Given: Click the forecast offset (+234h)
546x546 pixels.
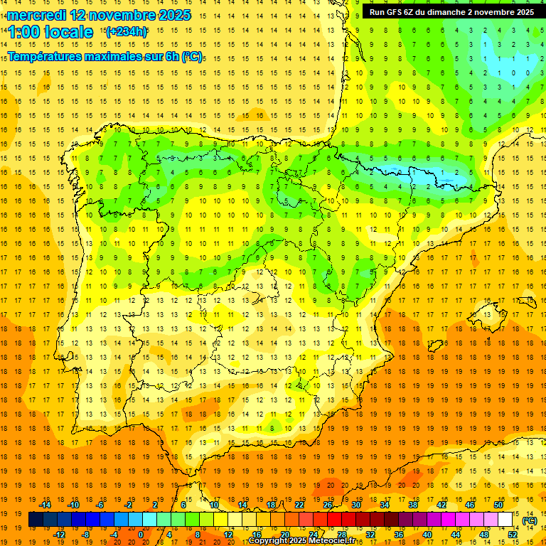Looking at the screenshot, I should pyautogui.click(x=126, y=32).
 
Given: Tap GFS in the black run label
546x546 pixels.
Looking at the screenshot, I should pyautogui.click(x=397, y=12).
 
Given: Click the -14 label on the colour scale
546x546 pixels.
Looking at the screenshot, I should pyautogui.click(x=45, y=505).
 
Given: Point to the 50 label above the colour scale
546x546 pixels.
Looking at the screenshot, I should pyautogui.click(x=498, y=505).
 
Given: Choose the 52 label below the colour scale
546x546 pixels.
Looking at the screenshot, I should pyautogui.click(x=513, y=535).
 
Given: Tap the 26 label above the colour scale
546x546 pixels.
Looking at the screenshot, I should pyautogui.click(x=328, y=505).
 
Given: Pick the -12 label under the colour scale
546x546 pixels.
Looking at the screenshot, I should pyautogui.click(x=60, y=535).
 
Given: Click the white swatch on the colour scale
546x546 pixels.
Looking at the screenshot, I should pyautogui.click(x=505, y=520).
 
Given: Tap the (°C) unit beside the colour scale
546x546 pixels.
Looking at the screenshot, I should pyautogui.click(x=529, y=520).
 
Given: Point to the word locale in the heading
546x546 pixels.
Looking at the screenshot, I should pyautogui.click(x=68, y=32).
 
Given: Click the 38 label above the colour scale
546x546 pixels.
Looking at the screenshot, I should pyautogui.click(x=413, y=505).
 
